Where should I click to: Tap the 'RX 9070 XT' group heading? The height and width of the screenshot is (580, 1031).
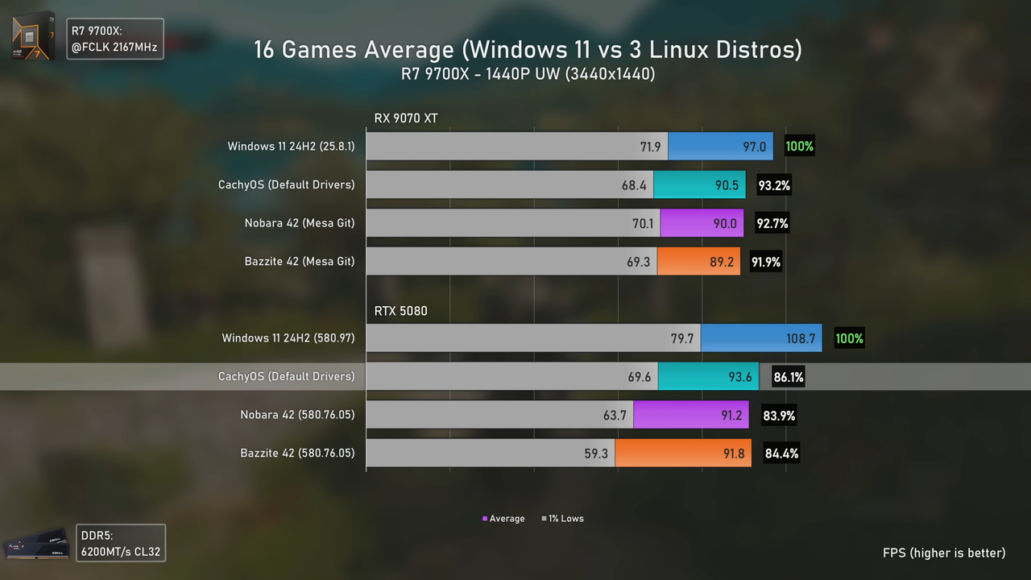point(405,118)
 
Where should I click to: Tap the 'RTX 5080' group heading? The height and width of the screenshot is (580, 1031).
point(400,311)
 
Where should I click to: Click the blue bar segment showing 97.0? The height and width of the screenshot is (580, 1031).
point(720,147)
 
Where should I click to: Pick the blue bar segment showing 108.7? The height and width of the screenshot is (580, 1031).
point(760,338)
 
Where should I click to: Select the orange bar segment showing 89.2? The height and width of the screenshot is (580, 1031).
point(698,262)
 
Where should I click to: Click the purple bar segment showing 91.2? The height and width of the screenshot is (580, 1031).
point(692,416)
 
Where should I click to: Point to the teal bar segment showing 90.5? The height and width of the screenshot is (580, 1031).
point(699,185)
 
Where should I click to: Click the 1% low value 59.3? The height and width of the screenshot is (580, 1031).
point(596,454)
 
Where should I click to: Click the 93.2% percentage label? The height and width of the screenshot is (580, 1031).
point(773,185)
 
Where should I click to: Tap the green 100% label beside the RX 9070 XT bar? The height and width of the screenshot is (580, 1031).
point(799,147)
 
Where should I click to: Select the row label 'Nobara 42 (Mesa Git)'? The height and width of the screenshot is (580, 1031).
point(299,223)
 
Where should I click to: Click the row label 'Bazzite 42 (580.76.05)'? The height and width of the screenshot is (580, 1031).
point(297,454)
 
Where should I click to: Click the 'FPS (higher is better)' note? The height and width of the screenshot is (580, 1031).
point(944,553)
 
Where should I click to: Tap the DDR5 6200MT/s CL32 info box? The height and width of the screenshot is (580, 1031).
point(121,544)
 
